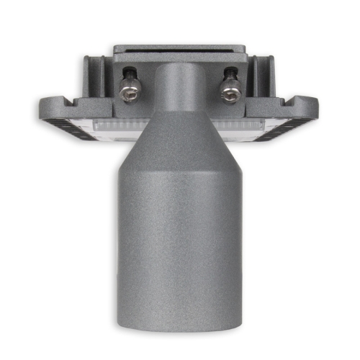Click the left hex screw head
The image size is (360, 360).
pos(130,92)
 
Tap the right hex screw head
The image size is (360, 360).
pos(230,92)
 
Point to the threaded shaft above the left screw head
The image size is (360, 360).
pos(130,74)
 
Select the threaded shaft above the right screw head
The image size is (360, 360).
pos(230,74)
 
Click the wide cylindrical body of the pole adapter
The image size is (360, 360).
pos(180,238)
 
